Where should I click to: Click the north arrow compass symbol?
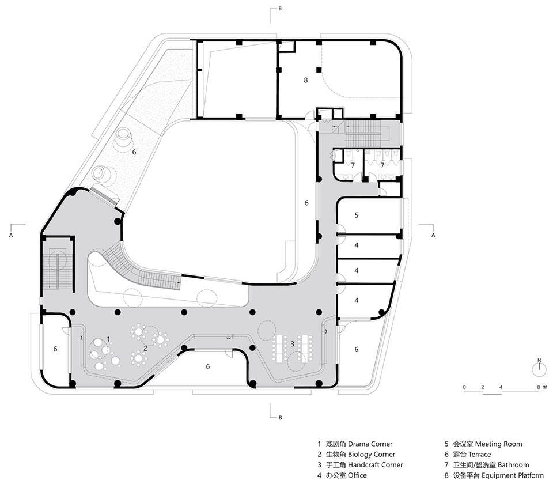[x=539, y=368]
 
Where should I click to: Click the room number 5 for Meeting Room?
[x=357, y=215]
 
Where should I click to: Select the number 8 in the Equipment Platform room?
[x=306, y=80]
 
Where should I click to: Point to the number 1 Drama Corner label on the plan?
[x=109, y=339]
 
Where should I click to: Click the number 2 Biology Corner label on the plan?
[x=145, y=348]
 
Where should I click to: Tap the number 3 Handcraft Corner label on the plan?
[x=293, y=343]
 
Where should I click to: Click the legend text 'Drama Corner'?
[x=370, y=444]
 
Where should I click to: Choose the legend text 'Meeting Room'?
[x=499, y=444]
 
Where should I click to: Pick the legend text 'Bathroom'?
[x=513, y=465]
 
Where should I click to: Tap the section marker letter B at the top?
[x=280, y=9]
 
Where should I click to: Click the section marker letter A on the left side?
[x=11, y=235]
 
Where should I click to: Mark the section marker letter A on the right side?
[x=433, y=235]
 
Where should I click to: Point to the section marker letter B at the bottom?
[x=281, y=418]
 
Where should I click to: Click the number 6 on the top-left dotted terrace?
[x=134, y=152]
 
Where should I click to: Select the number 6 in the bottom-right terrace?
[x=357, y=349]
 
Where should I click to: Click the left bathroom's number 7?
[x=353, y=165]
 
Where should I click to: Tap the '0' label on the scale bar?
[x=464, y=387]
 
